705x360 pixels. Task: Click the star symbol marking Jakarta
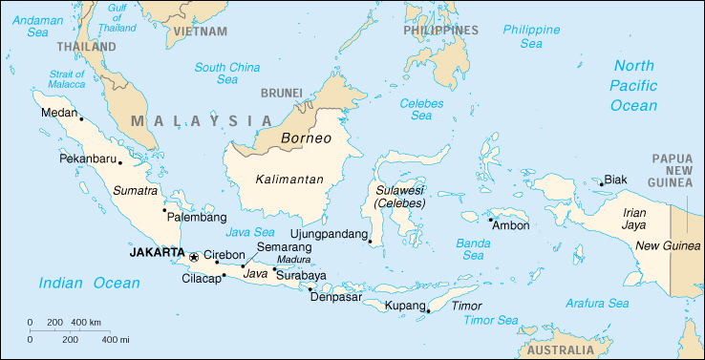(x=194, y=256)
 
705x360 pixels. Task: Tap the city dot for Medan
(x=82, y=119)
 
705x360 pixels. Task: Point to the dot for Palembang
(x=164, y=210)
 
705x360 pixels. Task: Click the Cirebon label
(x=225, y=256)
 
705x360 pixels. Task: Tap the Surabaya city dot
(x=274, y=269)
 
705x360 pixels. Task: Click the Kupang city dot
(x=429, y=310)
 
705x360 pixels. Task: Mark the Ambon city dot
(x=489, y=219)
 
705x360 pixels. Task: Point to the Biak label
(x=615, y=179)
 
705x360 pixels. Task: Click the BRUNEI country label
(x=281, y=93)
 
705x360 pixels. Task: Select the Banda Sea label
(x=473, y=248)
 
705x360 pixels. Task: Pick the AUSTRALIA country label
(x=560, y=350)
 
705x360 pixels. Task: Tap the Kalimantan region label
(x=290, y=180)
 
